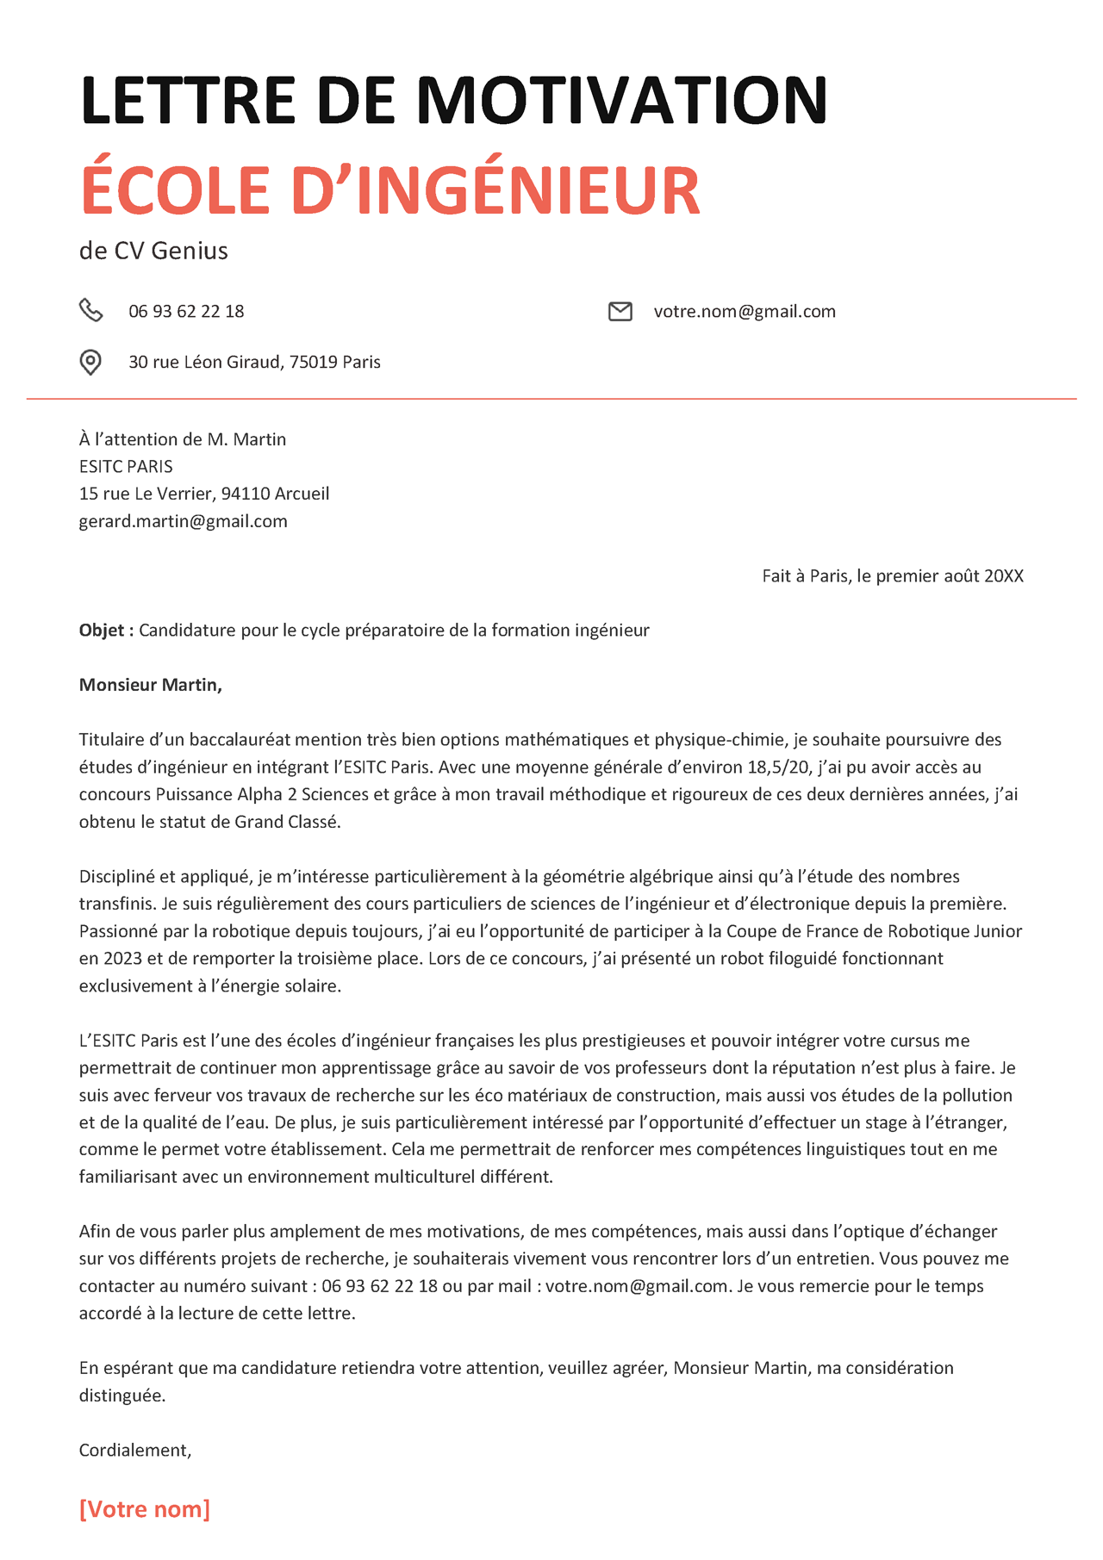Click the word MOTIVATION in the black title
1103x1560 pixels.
click(621, 100)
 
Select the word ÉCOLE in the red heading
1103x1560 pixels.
click(176, 190)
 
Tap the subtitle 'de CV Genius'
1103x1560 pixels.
click(153, 251)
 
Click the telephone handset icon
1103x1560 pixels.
click(90, 310)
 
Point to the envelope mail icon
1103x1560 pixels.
click(620, 311)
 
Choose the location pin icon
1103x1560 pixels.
click(90, 362)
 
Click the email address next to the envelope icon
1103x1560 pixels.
click(745, 311)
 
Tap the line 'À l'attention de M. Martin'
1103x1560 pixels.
click(183, 439)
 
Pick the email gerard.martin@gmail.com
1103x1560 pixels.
click(183, 521)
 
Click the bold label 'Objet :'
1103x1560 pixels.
click(106, 631)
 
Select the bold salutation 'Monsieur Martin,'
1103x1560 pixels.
click(151, 685)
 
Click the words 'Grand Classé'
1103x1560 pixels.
click(286, 822)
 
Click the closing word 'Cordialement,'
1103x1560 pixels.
click(135, 1451)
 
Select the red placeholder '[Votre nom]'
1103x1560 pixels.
click(145, 1509)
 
